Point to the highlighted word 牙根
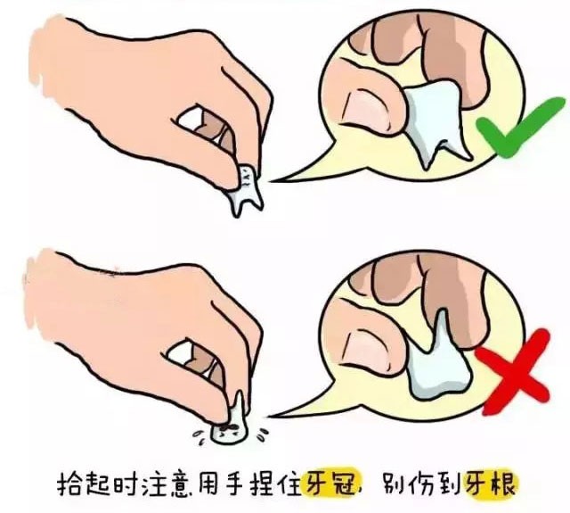pos(489,483)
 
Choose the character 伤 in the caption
pos(422,484)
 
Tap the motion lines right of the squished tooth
pos(263,433)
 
